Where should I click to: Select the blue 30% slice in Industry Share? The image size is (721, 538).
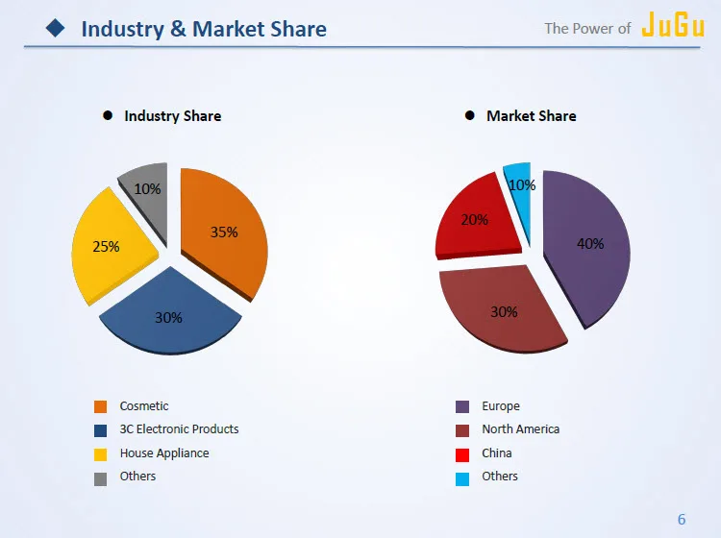169,313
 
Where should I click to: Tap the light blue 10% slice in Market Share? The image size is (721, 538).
520,185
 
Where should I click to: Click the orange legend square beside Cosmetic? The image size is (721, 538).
100,406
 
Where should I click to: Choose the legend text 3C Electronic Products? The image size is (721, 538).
179,429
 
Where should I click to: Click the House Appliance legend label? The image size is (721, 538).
163,453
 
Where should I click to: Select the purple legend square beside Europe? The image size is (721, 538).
462,406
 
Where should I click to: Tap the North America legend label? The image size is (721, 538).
520,429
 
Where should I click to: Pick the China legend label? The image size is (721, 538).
497,453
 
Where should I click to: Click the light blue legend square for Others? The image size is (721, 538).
462,477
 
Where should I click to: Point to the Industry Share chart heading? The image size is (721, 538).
172,116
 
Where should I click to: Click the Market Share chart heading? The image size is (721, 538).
531,116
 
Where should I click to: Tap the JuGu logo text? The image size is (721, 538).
673,26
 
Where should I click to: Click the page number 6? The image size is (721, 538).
682,520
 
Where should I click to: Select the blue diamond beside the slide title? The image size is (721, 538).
56,29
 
